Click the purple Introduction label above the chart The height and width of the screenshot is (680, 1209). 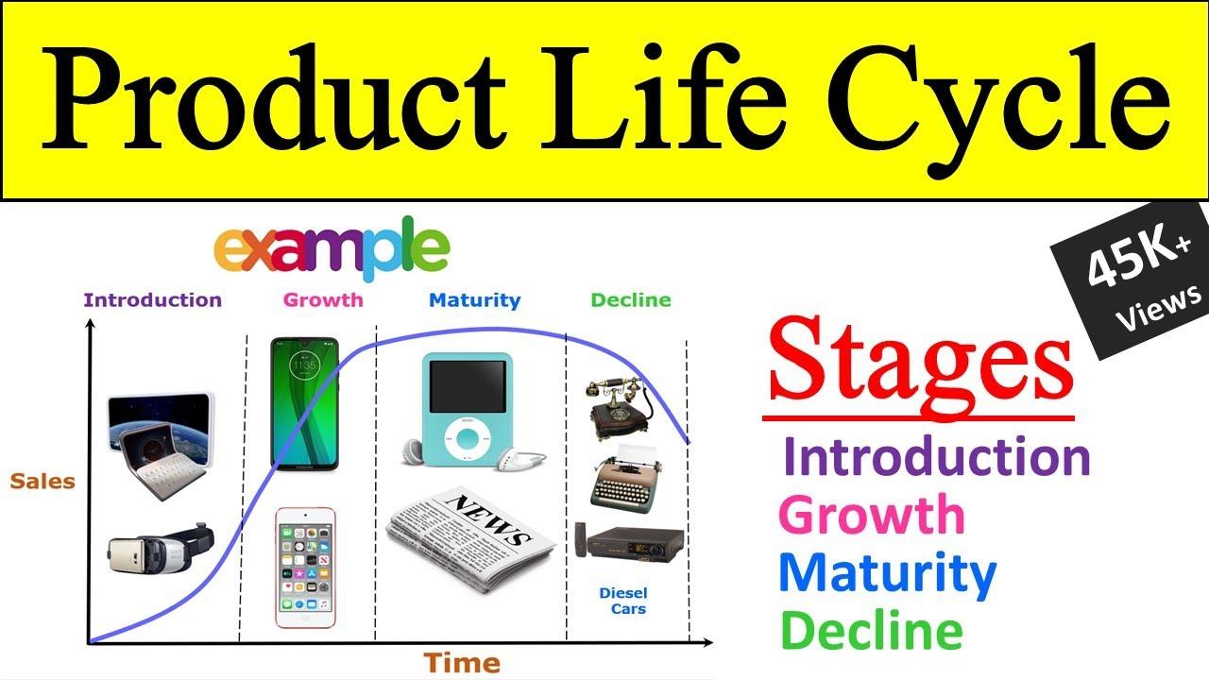point(152,300)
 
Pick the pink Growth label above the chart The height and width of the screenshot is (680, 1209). point(323,300)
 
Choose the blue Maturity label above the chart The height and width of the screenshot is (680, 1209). point(474,300)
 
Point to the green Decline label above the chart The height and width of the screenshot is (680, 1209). point(630,300)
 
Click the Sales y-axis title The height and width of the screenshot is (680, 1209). point(43,482)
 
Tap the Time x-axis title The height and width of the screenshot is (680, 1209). point(461,662)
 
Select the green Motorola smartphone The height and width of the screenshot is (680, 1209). point(305,402)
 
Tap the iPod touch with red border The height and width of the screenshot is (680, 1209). point(305,567)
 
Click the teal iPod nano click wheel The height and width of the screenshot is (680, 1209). point(467,437)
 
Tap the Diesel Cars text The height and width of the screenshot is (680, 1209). point(622,601)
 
